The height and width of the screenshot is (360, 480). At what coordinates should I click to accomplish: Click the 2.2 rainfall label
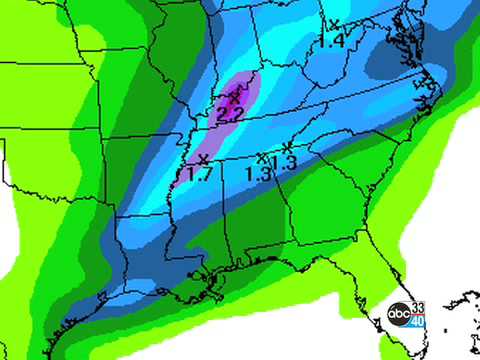pos(229,114)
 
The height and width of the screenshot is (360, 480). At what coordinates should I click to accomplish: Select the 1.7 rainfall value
pos(199,175)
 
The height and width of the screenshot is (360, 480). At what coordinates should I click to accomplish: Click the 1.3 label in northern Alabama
pos(258,173)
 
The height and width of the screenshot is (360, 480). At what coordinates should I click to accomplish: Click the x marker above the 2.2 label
pos(236,97)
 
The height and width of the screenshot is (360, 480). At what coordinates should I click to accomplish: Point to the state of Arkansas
pos(150,170)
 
